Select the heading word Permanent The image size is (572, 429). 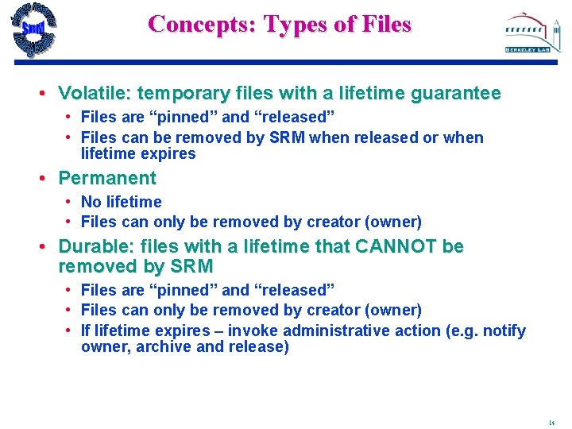(x=107, y=178)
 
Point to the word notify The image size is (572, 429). (x=504, y=330)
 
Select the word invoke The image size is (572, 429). (x=253, y=330)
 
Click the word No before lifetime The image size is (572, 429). (x=91, y=203)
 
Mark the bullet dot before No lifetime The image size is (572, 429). (x=70, y=203)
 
